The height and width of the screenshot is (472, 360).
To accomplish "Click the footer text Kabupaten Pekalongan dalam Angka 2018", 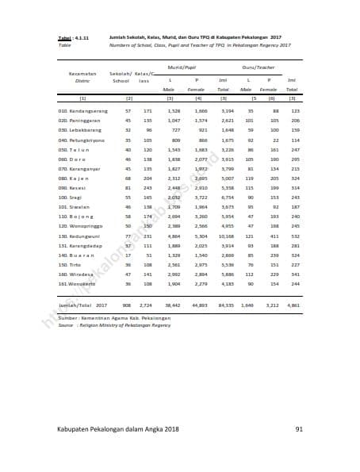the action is point(111,429).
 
